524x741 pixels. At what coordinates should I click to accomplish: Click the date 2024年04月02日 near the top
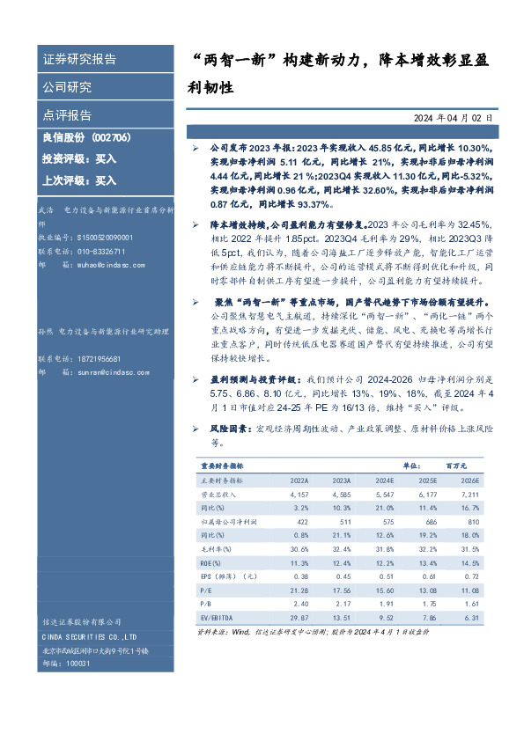tap(454, 117)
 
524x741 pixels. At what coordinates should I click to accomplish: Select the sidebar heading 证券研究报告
tap(79, 60)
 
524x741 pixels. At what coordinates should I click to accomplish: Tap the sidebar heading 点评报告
tap(67, 115)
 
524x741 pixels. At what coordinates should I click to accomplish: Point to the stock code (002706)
tap(112, 138)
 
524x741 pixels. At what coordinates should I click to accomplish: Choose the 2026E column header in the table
tap(468, 481)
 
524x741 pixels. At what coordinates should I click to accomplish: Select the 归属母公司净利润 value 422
tap(300, 522)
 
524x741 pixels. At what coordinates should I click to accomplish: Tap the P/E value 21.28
tap(299, 590)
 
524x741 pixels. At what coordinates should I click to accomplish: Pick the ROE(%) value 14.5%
tap(469, 562)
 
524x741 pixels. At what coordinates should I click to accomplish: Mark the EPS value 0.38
tap(300, 576)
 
